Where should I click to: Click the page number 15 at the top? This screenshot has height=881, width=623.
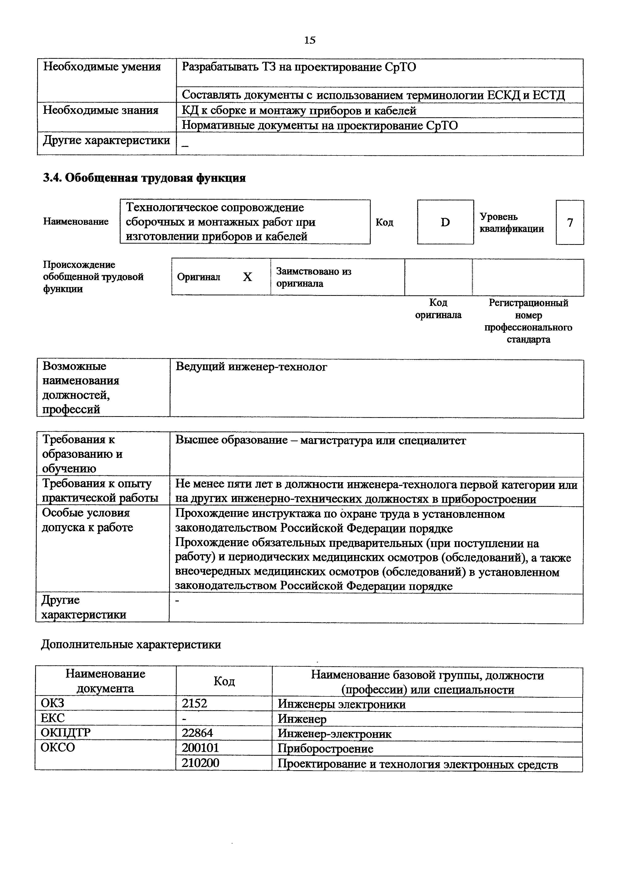[310, 40]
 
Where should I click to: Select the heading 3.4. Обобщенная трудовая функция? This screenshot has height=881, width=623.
[144, 178]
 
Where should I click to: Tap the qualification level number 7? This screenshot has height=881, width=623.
[570, 223]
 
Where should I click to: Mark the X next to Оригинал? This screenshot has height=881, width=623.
[247, 277]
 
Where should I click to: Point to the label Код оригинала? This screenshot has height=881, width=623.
[438, 309]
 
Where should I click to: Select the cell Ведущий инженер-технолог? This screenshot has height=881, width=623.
[251, 367]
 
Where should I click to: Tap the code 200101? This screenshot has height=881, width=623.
[200, 748]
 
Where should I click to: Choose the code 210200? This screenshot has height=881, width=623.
[200, 763]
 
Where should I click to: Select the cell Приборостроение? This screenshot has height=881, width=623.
[325, 748]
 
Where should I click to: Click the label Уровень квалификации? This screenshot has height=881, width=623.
[511, 223]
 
